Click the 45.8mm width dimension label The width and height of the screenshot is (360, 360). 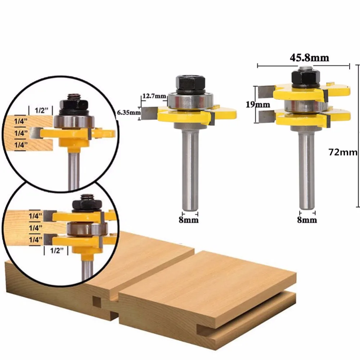point(309,58)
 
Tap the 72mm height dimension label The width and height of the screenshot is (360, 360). point(343,152)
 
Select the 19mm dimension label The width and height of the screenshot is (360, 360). point(258,104)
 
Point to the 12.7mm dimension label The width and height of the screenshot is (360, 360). point(154,96)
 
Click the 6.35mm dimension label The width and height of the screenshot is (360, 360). point(129,112)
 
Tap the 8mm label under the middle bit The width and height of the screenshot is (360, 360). point(189,220)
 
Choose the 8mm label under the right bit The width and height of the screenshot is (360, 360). point(307,220)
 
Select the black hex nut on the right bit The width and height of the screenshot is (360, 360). point(306,77)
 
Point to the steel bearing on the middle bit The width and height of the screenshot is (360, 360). point(190,100)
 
